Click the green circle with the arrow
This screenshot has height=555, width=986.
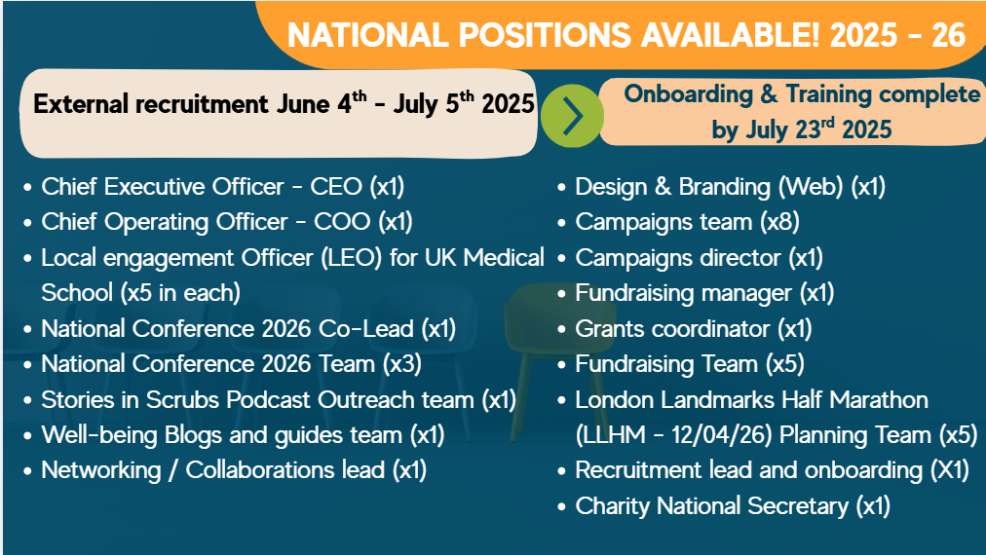[572, 116]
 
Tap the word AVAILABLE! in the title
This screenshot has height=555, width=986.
[730, 35]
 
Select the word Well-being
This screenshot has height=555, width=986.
[98, 435]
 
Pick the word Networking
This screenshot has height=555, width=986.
[101, 470]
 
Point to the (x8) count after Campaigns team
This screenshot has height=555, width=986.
[779, 222]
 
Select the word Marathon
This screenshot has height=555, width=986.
[879, 400]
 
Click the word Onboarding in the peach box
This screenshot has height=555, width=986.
[688, 94]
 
